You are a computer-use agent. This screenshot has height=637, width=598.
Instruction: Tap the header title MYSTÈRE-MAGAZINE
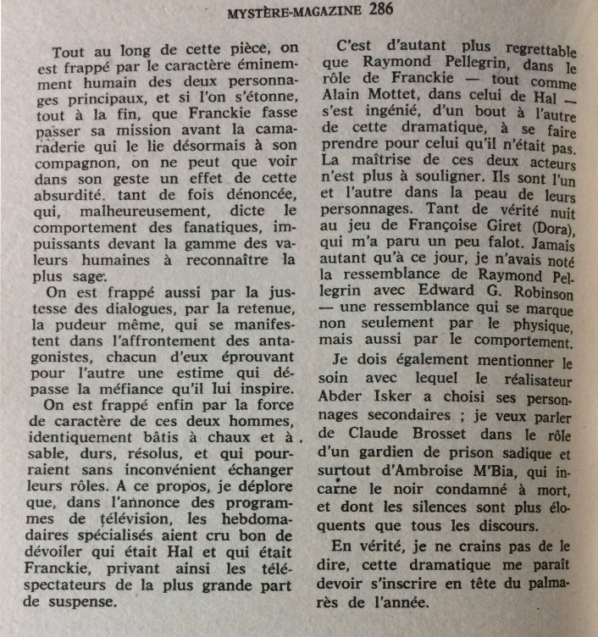coord(296,12)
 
